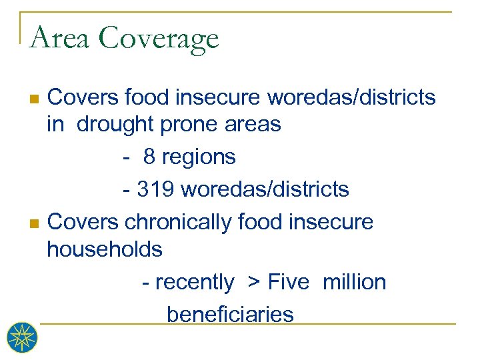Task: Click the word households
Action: tap(105, 249)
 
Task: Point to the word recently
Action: tap(194, 283)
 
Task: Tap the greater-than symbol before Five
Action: tap(254, 283)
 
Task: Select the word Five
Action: tap(289, 282)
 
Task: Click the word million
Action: tap(354, 282)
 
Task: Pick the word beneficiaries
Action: tap(230, 314)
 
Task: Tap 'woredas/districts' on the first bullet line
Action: tap(351, 98)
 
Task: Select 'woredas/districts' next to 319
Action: tap(265, 189)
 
